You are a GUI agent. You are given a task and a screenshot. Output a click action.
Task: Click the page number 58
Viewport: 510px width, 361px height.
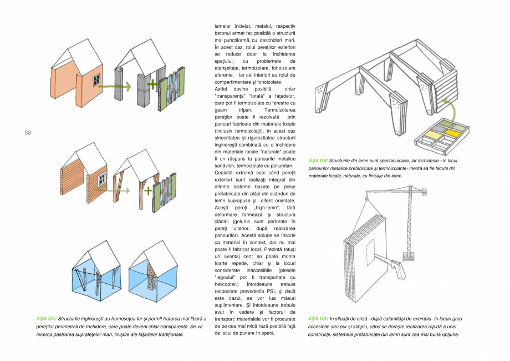[28, 132]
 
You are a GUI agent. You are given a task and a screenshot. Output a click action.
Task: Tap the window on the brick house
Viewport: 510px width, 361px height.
[101, 179]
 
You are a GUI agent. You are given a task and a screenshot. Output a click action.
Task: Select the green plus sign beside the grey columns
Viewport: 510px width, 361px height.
[152, 85]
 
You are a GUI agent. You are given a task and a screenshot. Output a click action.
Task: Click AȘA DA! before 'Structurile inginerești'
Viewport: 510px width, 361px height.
[45, 319]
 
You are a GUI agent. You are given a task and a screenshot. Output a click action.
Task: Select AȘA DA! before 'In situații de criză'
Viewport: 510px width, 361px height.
[318, 319]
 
